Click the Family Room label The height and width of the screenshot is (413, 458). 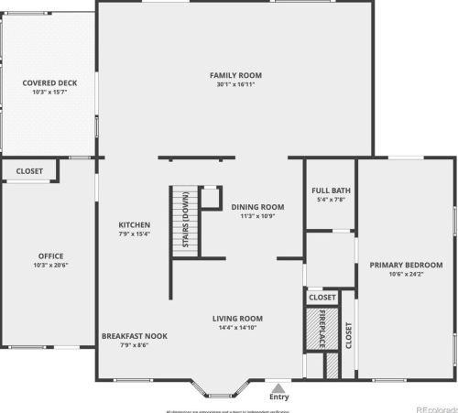(x=236, y=74)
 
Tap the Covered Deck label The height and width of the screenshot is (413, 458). (x=49, y=82)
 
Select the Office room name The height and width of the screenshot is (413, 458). (x=50, y=255)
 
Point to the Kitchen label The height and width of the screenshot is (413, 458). (x=135, y=224)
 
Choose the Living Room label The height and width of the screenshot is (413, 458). (x=238, y=318)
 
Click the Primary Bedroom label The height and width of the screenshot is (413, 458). (x=406, y=265)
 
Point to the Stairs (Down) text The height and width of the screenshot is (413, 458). (x=186, y=220)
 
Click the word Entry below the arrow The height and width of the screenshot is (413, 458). (x=278, y=397)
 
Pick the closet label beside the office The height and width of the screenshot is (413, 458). (x=29, y=170)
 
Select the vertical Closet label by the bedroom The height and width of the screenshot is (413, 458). (x=348, y=334)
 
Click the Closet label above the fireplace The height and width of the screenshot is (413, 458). (x=322, y=298)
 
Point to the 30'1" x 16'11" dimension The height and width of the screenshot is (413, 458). (x=236, y=85)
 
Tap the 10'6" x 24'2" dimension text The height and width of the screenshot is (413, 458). (x=406, y=275)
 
